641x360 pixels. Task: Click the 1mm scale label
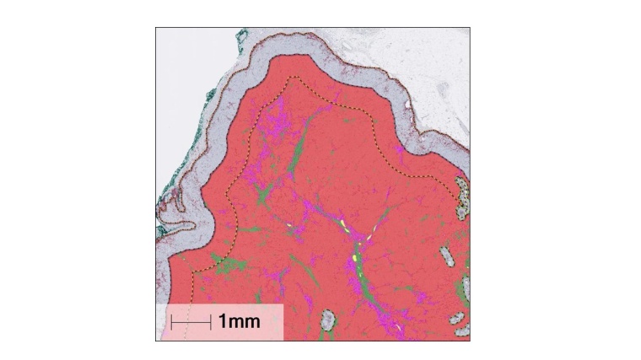point(239,321)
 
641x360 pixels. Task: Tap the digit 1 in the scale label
point(223,321)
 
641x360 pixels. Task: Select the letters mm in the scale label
point(245,321)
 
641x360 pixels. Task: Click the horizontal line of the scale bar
point(191,321)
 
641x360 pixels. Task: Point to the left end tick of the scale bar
point(172,321)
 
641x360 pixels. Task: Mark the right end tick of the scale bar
point(210,321)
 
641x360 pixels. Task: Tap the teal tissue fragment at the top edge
point(243,36)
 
